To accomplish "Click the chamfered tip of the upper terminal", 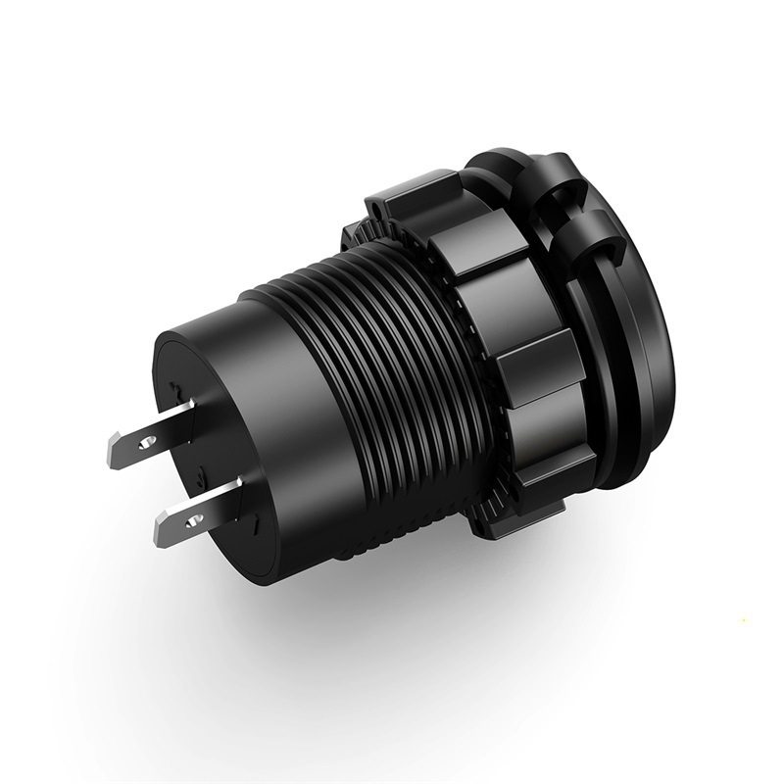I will point(111,453).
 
